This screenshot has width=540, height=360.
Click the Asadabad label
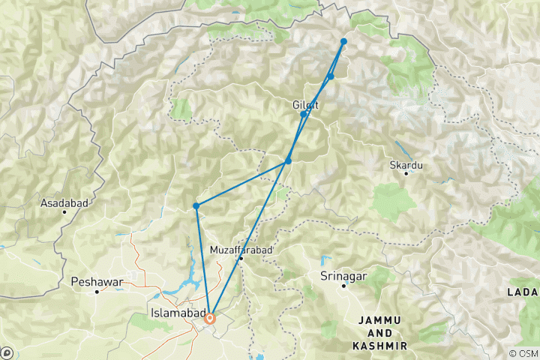click(65, 202)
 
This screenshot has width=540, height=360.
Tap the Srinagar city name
click(344, 276)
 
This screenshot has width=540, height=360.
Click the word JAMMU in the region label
click(379, 320)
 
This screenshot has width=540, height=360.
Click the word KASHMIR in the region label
click(379, 346)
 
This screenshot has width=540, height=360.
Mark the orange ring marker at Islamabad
click(211, 319)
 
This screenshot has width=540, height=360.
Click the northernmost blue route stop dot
click(343, 41)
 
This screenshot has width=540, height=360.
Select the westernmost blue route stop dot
click(196, 205)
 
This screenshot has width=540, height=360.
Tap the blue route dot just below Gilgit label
click(303, 115)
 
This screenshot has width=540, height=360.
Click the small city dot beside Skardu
click(406, 173)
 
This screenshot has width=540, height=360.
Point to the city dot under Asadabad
click(65, 211)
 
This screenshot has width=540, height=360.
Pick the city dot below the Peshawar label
click(97, 291)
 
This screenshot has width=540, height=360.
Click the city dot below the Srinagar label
click(344, 286)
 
